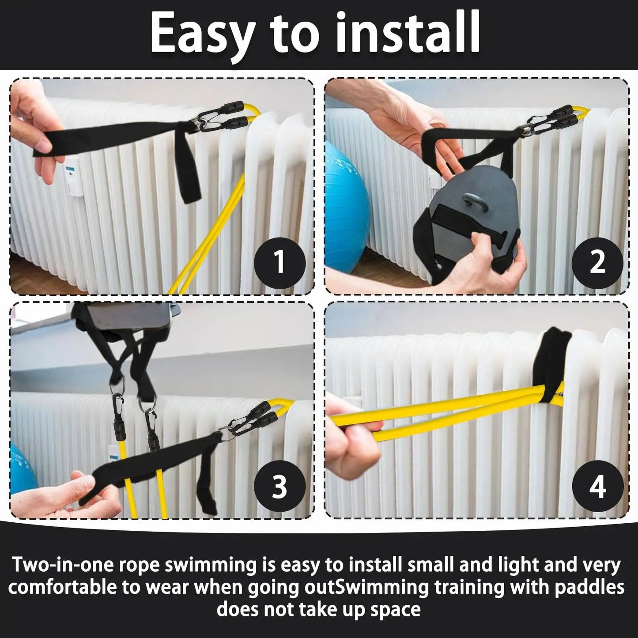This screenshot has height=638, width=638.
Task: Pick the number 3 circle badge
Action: [x=280, y=486]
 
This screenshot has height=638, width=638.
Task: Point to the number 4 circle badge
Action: [x=598, y=486]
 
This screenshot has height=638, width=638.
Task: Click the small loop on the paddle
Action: [x=473, y=203]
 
